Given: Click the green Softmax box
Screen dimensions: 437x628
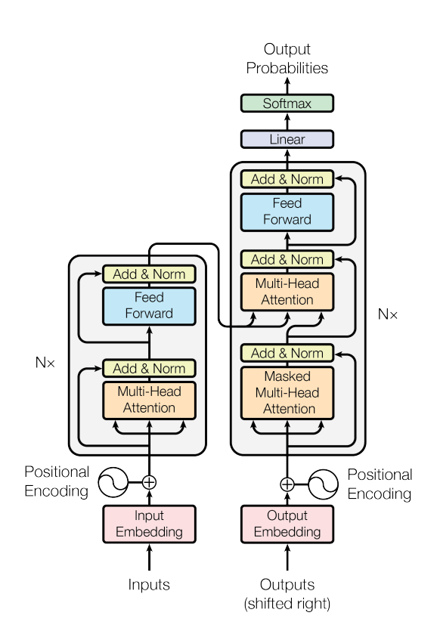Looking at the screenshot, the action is pos(287,104).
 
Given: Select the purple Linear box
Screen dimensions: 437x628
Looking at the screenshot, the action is pos(287,139).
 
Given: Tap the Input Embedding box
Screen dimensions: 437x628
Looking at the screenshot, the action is pos(149,524).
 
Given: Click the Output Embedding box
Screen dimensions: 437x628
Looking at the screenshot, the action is pos(287,524).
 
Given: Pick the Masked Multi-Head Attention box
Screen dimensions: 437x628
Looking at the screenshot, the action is pos(287,393).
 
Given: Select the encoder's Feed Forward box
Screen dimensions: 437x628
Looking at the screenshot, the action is pos(149,306).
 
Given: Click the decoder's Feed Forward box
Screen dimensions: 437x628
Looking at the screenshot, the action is pos(287,212).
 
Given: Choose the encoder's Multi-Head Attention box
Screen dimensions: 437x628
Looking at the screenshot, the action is pos(149,400).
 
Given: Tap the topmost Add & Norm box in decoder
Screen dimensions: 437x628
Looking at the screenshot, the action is pos(287,179).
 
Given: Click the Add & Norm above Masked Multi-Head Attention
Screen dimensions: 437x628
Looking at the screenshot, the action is pos(287,353).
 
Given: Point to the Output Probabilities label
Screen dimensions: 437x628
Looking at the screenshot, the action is pos(287,58).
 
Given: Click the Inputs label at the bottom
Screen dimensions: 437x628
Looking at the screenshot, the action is pos(149,585).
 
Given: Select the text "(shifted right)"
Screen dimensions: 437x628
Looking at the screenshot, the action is pos(287,604).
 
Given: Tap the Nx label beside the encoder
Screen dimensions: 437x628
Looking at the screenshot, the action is pos(45,363).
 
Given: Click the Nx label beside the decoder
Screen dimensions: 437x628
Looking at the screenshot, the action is pos(387,314).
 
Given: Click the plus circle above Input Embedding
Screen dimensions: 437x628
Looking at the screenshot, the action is pos(149,482).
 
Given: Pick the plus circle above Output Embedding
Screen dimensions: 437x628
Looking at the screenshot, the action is pos(287,484).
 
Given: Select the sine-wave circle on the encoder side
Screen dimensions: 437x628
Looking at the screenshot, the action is pos(113,482).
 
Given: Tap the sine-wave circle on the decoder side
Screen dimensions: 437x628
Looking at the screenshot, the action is pos(323,484).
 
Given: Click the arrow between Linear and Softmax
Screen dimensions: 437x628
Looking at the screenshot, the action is pos(287,122).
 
